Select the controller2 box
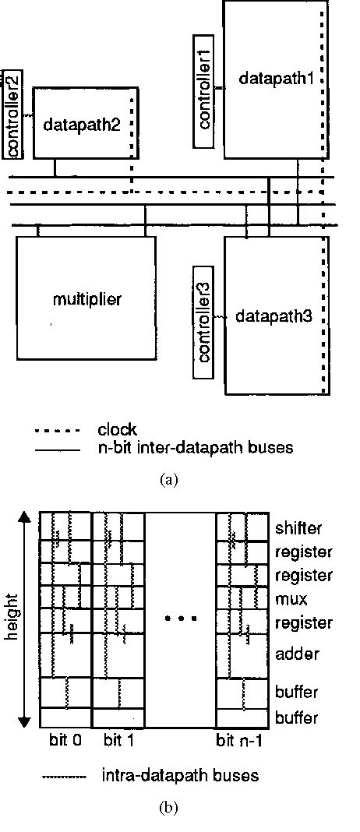[12, 114]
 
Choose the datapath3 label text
[270, 316]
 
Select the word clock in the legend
[118, 430]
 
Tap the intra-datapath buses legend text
[180, 776]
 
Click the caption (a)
[169, 480]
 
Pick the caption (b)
[169, 808]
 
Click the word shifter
[298, 529]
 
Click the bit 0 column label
[64, 738]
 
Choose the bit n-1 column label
[243, 738]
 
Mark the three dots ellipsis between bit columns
[181, 619]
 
